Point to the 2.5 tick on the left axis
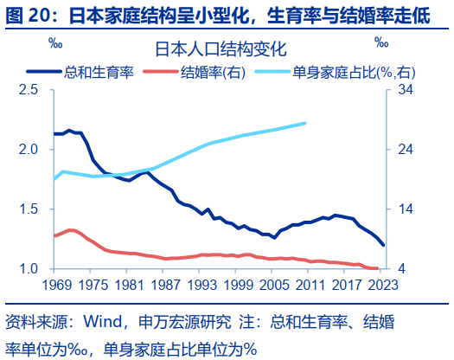[x=29, y=90]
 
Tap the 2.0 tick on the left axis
[x=29, y=150]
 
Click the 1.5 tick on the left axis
[x=29, y=209]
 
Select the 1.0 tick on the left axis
[x=29, y=269]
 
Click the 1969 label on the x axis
[x=54, y=284]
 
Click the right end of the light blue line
[x=305, y=123]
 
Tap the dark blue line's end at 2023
[x=382, y=247]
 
